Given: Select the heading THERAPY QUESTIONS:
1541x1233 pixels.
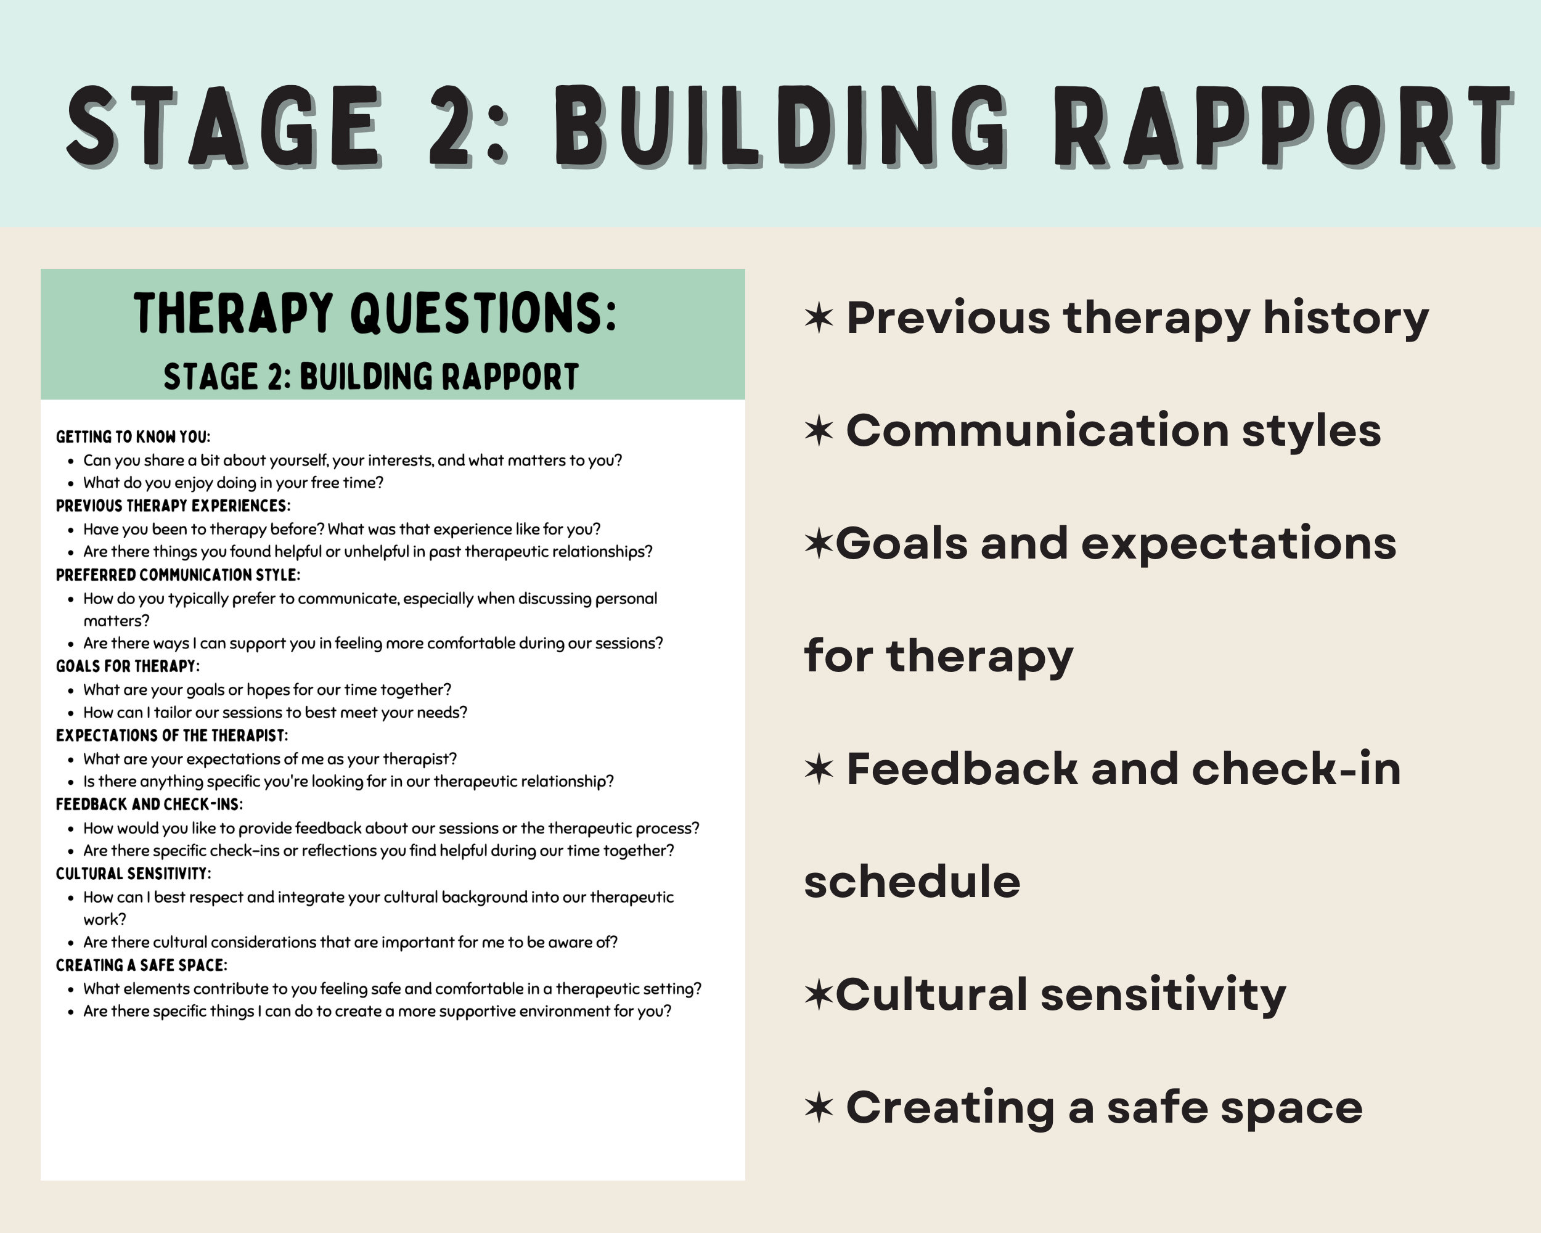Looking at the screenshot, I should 375,313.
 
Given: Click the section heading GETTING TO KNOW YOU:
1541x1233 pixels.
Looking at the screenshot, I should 133,436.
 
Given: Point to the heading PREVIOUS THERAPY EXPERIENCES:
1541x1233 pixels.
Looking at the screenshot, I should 173,506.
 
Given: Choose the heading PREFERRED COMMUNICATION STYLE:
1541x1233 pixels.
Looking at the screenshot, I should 178,575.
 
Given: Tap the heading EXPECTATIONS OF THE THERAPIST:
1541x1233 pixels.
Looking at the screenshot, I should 171,735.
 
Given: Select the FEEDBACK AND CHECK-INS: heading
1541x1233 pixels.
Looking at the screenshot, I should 149,805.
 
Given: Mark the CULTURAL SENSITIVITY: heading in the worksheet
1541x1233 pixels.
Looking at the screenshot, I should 133,874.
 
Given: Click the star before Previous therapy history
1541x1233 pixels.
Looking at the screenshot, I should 819,317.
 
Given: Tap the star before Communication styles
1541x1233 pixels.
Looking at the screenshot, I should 819,430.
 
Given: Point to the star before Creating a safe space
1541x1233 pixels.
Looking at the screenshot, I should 819,1107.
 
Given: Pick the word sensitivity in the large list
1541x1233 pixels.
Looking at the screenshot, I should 1163,994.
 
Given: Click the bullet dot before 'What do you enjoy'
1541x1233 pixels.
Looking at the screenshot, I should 71,484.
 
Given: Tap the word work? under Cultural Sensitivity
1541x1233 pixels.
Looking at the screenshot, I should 104,920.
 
